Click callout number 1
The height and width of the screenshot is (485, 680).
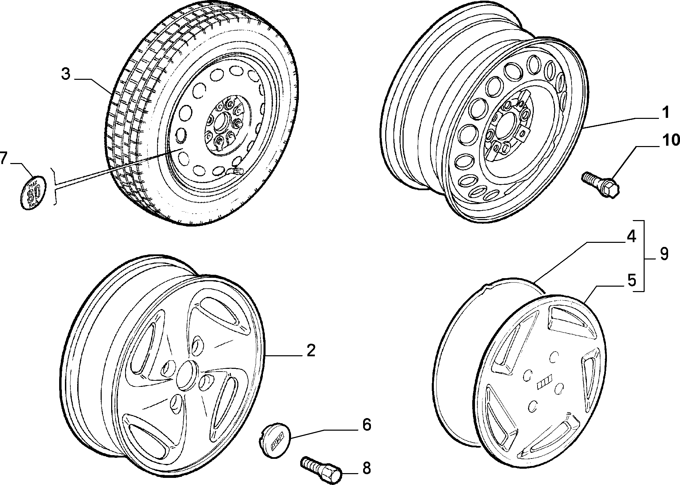(666, 113)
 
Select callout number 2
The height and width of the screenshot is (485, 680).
(311, 351)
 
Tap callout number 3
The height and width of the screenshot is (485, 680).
(66, 74)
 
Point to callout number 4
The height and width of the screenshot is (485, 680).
(631, 237)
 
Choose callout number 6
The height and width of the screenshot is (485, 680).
(367, 425)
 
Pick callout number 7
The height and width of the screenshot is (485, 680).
(3, 159)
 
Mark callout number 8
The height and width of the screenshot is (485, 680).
(366, 469)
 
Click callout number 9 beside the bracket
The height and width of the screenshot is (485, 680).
(664, 254)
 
